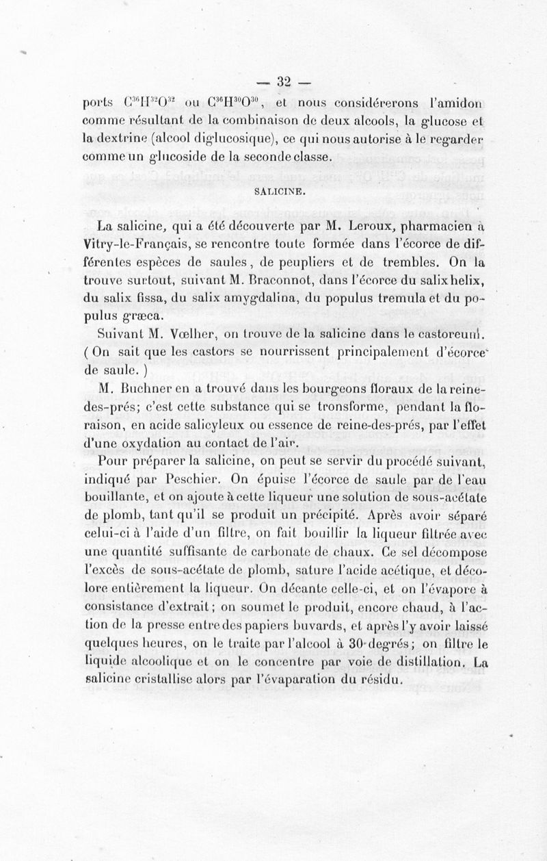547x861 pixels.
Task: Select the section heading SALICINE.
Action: click(274, 193)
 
